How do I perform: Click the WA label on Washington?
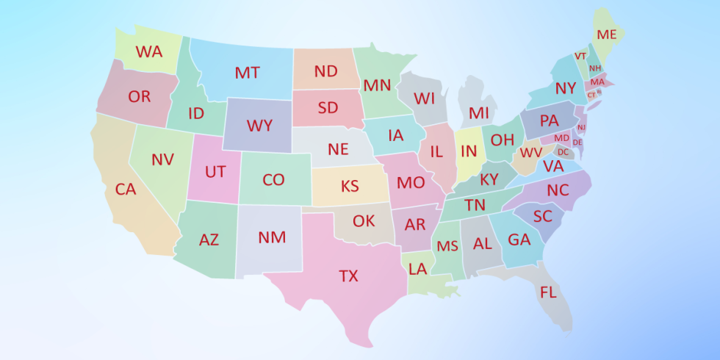pyautogui.click(x=149, y=52)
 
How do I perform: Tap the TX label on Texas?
pyautogui.click(x=348, y=276)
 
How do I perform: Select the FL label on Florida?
pyautogui.click(x=548, y=292)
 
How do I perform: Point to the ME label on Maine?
pyautogui.click(x=607, y=35)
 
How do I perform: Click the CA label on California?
pyautogui.click(x=126, y=189)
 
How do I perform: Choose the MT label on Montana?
pyautogui.click(x=247, y=73)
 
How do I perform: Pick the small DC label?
pyautogui.click(x=563, y=152)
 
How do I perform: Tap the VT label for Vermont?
pyautogui.click(x=580, y=56)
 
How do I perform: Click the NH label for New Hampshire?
pyautogui.click(x=594, y=68)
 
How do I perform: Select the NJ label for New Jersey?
pyautogui.click(x=581, y=127)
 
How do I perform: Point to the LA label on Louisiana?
pyautogui.click(x=417, y=269)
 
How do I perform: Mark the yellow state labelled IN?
pyautogui.click(x=469, y=151)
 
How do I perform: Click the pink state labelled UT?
pyautogui.click(x=215, y=172)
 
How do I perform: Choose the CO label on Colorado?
pyautogui.click(x=273, y=179)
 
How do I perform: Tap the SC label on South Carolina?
pyautogui.click(x=543, y=216)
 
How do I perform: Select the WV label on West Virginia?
pyautogui.click(x=531, y=153)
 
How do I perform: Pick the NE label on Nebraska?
pyautogui.click(x=338, y=149)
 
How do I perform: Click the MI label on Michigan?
pyautogui.click(x=479, y=113)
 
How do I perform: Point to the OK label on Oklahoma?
pyautogui.click(x=364, y=220)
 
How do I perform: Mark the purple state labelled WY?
pyautogui.click(x=259, y=126)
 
